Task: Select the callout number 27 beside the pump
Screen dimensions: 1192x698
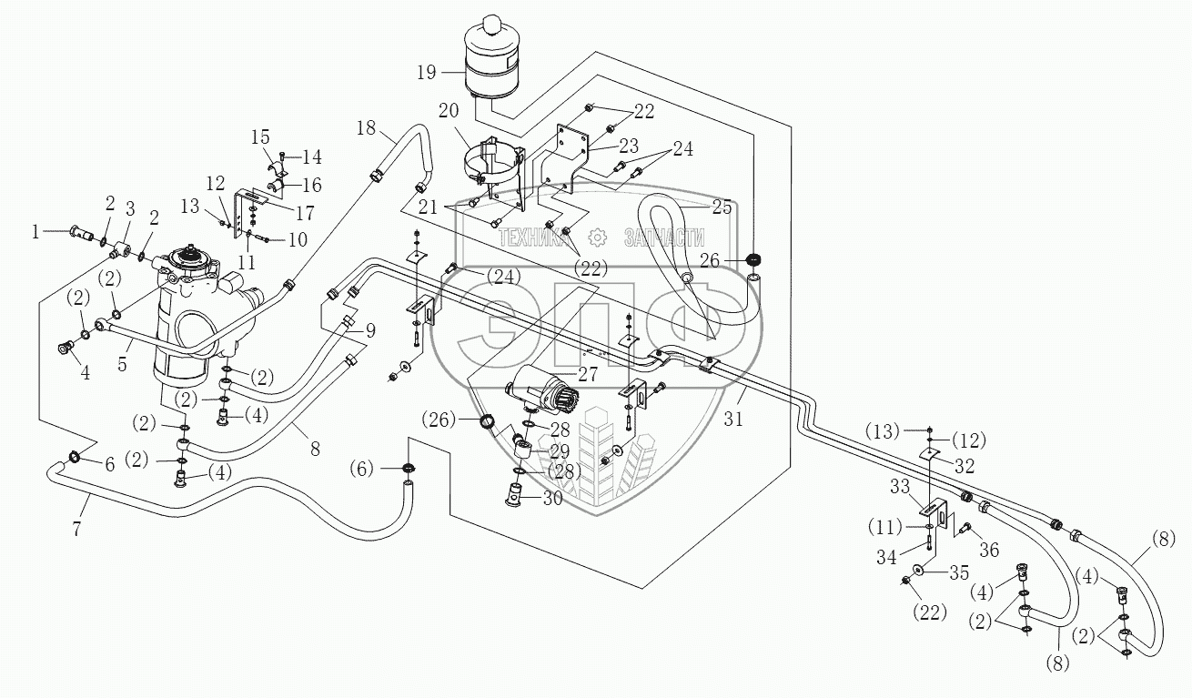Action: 588,375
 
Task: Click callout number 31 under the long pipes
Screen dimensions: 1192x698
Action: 733,420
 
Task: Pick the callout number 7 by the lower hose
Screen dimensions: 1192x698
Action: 76,529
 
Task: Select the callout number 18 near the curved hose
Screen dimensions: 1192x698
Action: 366,128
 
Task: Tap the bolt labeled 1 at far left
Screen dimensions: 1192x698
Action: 79,231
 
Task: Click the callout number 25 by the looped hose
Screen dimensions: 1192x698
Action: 722,207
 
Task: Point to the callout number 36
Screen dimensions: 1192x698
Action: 989,550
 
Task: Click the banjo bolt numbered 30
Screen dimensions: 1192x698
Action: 515,494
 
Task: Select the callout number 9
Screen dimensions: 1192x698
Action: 369,331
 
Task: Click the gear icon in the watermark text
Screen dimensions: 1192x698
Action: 598,238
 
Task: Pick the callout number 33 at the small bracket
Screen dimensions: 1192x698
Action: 900,487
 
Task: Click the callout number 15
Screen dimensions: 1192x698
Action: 260,137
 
